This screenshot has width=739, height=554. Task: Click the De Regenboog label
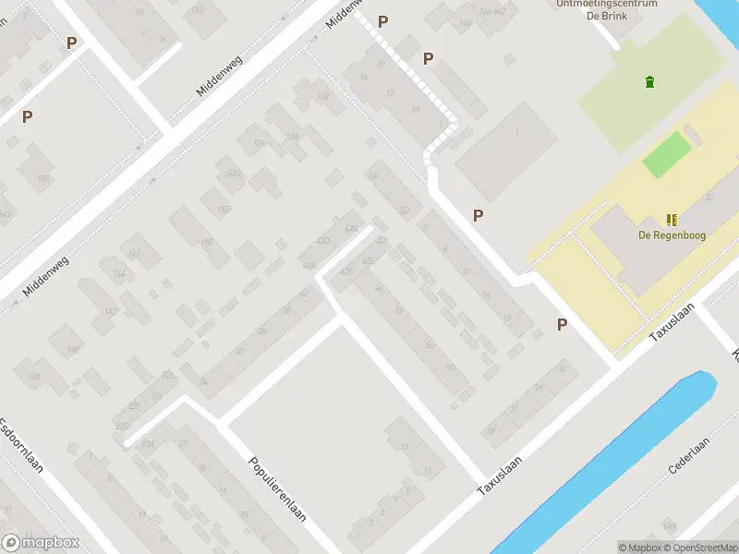coord(672,235)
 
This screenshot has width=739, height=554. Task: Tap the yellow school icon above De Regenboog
coord(672,220)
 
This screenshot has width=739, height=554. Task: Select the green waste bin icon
coord(649,81)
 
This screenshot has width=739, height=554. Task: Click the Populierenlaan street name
coord(278,489)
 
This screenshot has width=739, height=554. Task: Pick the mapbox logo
coord(41,543)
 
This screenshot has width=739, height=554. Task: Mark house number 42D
coord(322,242)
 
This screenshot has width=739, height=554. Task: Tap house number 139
coord(35,378)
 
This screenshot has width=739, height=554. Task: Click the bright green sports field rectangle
coord(667,154)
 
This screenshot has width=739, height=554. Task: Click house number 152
coord(223,210)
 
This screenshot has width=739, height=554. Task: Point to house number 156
coord(293,137)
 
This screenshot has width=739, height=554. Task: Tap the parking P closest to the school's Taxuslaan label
coord(562,324)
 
